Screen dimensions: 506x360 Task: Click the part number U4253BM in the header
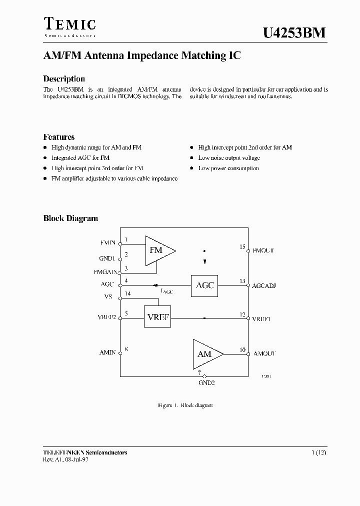pyautogui.click(x=294, y=33)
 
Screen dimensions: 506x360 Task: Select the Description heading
pyautogui.click(x=64, y=79)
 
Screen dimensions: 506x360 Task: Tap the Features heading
pyautogui.click(x=59, y=137)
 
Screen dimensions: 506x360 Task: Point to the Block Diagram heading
pyautogui.click(x=70, y=218)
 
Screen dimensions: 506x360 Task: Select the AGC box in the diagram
pyautogui.click(x=204, y=285)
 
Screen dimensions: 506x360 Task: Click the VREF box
pyautogui.click(x=157, y=317)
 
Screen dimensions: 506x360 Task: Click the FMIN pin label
pyautogui.click(x=107, y=243)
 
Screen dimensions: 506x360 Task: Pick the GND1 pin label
pyautogui.click(x=107, y=258)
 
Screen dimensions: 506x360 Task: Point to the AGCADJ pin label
pyautogui.click(x=264, y=286)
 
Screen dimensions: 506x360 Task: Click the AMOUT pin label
pyautogui.click(x=264, y=353)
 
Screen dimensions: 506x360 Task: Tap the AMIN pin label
pyautogui.click(x=107, y=353)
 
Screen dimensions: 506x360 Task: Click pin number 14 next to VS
pyautogui.click(x=127, y=293)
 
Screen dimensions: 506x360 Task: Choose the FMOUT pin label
pyautogui.click(x=263, y=250)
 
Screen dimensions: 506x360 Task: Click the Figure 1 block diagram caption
pyautogui.click(x=185, y=405)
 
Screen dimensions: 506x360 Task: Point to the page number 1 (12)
pyautogui.click(x=319, y=452)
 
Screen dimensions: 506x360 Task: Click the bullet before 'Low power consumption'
pyautogui.click(x=192, y=168)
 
